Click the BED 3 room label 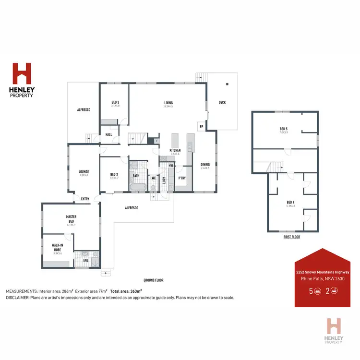click(x=115, y=102)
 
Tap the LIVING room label click(x=168, y=103)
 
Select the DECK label click(x=222, y=102)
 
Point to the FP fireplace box click(x=201, y=127)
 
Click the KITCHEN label click(x=175, y=151)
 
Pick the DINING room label click(x=205, y=165)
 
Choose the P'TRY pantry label click(x=182, y=178)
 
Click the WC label click(x=154, y=178)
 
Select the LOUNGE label click(x=84, y=171)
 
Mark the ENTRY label click(x=85, y=199)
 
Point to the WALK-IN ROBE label click(x=58, y=247)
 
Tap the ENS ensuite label click(x=86, y=261)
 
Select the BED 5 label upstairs click(x=284, y=129)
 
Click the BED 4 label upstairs click(x=290, y=203)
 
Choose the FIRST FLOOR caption click(x=292, y=237)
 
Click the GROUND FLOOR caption click(x=154, y=280)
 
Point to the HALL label click(x=108, y=134)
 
